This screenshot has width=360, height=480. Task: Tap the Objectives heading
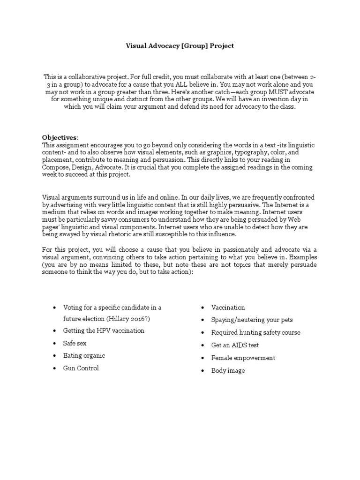pyautogui.click(x=60, y=137)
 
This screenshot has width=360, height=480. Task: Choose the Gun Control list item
pyautogui.click(x=81, y=368)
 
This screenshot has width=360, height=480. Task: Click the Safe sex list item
pyautogui.click(x=75, y=343)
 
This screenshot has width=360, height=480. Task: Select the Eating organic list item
pyautogui.click(x=84, y=356)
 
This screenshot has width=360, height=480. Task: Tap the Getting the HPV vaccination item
pyautogui.click(x=104, y=330)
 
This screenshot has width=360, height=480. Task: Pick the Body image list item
pyautogui.click(x=228, y=371)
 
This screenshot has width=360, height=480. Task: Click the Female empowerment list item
pyautogui.click(x=243, y=358)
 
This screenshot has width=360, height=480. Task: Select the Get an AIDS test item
pyautogui.click(x=235, y=345)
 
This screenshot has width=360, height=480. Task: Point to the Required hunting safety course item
pyautogui.click(x=256, y=333)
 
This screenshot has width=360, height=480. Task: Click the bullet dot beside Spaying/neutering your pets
pyautogui.click(x=202, y=320)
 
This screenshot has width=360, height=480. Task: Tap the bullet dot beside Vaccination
pyautogui.click(x=202, y=307)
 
